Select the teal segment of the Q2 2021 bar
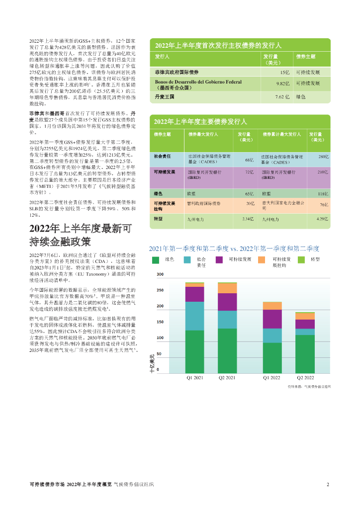[227, 320]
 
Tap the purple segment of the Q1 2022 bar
[272, 319]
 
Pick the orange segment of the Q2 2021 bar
[227, 288]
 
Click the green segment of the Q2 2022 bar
[305, 354]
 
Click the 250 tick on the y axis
[160, 290]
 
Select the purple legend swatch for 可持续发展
[219, 260]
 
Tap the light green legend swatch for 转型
[301, 260]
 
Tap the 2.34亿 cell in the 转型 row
[248, 219]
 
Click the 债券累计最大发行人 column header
[282, 135]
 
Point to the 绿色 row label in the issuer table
[159, 193]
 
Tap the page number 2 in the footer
[328, 484]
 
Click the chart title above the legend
[234, 249]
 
